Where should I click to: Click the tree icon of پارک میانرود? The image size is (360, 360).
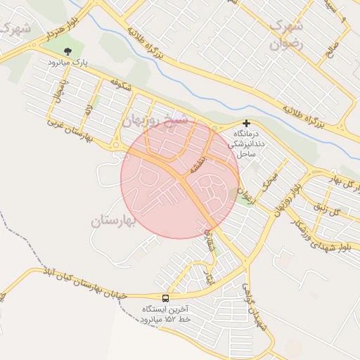(x=67, y=51)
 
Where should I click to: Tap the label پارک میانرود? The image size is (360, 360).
(x=68, y=63)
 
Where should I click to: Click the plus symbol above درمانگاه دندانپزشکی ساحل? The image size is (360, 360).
(x=245, y=122)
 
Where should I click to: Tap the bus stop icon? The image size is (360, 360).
(x=165, y=297)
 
